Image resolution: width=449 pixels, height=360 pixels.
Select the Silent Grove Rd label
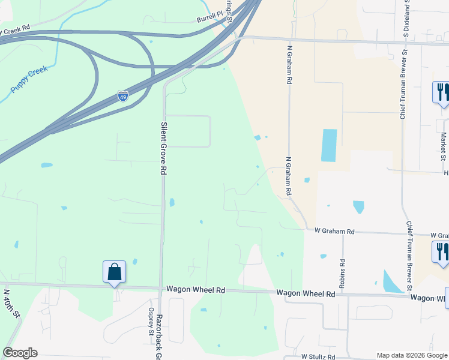click(163, 148)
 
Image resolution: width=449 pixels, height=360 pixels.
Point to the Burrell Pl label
click(209, 20)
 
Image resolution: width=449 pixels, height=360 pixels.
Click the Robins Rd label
click(342, 274)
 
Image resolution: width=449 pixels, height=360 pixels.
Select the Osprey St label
click(151, 318)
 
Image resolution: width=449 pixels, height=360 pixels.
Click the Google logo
click(20, 353)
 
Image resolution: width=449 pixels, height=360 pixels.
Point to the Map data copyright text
click(411, 355)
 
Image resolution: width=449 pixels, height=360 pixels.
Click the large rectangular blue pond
click(329, 145)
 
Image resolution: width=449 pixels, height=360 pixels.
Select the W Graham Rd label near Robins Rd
click(335, 231)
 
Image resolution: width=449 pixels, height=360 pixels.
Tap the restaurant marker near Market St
click(441, 92)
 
